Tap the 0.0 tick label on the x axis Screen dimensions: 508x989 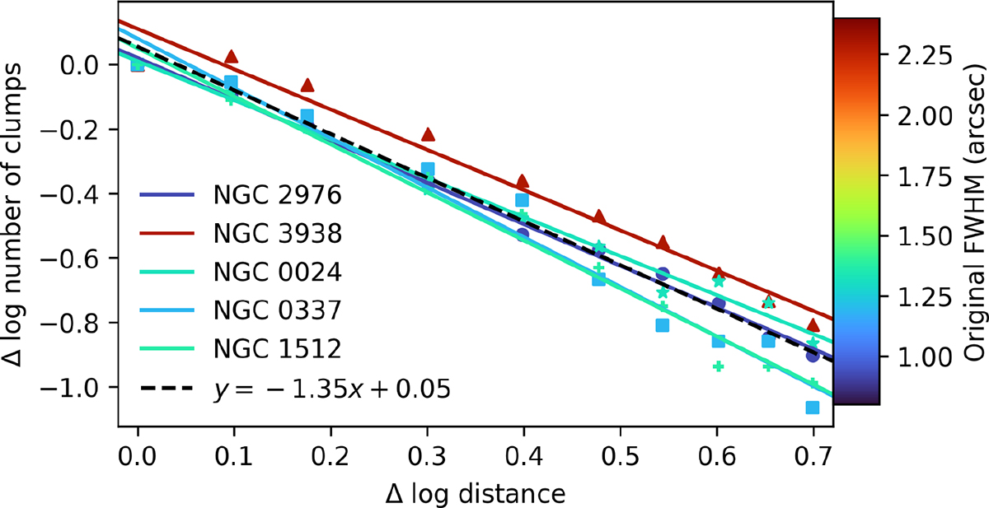tap(138, 451)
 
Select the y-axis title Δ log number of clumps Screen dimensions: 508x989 tap(18, 214)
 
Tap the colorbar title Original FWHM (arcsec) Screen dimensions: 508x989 tap(975, 212)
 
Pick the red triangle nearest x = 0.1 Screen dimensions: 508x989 tap(232, 56)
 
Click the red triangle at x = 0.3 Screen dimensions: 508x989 tap(428, 134)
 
